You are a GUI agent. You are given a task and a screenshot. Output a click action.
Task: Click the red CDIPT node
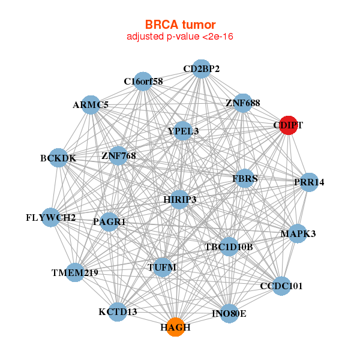289,125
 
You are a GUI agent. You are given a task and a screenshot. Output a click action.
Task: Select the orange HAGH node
175,327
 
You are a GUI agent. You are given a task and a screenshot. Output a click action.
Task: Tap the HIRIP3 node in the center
180,199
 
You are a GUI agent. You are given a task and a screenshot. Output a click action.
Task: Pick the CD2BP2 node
202,69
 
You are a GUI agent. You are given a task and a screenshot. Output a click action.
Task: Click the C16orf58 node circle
143,81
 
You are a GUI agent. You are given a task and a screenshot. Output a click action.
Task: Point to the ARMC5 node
91,105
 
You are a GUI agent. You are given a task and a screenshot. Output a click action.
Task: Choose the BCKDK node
58,158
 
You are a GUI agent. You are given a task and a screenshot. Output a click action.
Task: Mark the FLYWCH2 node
50,217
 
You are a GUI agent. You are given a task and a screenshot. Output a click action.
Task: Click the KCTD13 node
118,312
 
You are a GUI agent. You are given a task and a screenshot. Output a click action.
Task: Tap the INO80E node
229,313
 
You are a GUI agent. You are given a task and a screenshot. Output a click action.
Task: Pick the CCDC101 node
281,286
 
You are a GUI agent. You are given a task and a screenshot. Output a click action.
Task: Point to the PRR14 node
308,182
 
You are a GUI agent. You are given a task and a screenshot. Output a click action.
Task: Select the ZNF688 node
243,103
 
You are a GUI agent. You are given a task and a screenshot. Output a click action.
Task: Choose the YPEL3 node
183,130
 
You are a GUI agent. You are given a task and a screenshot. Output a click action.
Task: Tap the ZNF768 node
119,156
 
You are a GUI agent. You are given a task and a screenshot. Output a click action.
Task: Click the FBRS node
245,178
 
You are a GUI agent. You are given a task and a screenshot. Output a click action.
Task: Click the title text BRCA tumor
180,25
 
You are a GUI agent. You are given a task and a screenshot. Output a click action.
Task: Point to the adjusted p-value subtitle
180,37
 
